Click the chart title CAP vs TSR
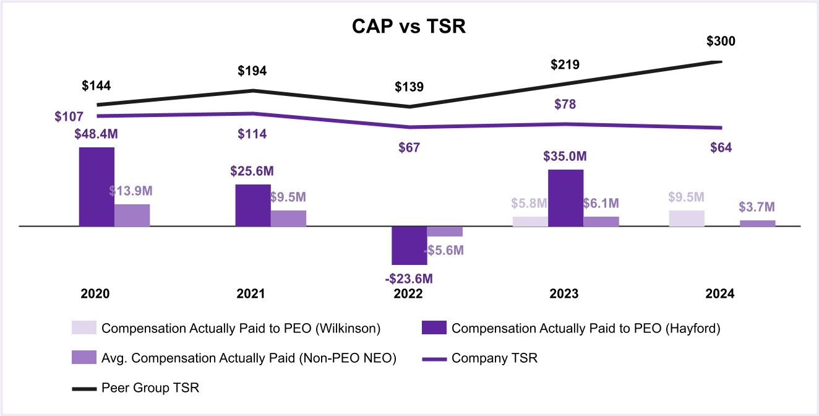[409, 27]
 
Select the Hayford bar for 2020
[96, 186]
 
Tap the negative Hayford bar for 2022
[409, 245]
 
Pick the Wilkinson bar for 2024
[687, 219]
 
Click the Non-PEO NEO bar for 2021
[288, 218]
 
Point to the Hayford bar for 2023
[565, 197]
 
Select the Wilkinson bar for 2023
[530, 221]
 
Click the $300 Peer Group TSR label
[721, 42]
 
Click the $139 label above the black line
[409, 87]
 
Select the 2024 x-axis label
[719, 294]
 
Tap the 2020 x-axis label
[95, 294]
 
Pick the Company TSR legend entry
[494, 358]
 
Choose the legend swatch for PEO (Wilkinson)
[84, 328]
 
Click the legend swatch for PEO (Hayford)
[434, 328]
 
